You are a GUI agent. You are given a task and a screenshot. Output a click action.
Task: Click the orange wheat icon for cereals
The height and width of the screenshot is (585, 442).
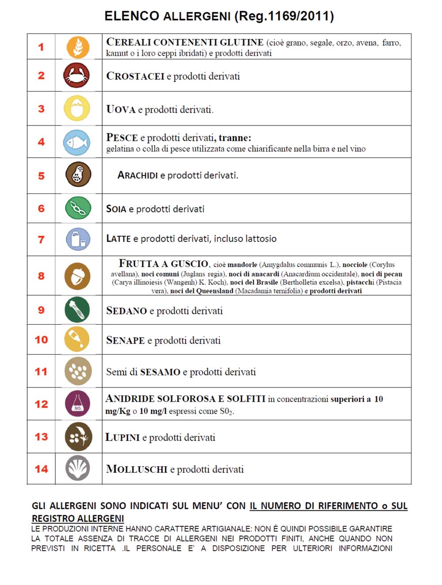[x=78, y=47]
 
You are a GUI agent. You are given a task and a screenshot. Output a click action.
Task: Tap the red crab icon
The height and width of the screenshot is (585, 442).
[x=76, y=75]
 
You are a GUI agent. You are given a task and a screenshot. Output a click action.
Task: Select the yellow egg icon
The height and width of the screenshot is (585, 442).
[x=77, y=109]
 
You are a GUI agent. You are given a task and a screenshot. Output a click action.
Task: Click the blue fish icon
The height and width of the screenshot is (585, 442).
[x=76, y=142]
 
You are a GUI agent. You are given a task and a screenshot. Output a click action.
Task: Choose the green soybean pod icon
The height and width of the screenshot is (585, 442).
[x=78, y=208]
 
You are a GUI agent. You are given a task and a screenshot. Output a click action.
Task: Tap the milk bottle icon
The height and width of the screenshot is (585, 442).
[x=78, y=239]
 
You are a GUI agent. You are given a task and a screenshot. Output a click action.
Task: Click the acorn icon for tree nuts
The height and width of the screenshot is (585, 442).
[x=77, y=276]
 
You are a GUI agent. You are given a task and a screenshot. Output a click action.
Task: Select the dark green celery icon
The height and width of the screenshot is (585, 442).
[x=77, y=309]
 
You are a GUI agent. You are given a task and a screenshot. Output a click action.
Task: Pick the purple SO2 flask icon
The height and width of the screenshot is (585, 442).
[x=77, y=403]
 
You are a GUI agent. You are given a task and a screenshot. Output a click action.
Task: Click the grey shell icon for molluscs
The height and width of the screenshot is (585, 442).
[x=78, y=468]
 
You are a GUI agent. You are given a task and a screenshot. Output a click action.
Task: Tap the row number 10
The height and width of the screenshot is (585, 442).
[x=41, y=340]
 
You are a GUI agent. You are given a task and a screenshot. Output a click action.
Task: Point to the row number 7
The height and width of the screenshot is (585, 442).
[x=41, y=239]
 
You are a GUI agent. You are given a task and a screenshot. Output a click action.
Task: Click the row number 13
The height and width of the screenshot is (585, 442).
[x=41, y=437]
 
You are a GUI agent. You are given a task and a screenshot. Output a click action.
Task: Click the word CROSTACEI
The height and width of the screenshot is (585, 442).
[x=135, y=76]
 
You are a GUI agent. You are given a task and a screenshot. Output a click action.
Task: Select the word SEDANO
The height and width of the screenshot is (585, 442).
[x=126, y=311]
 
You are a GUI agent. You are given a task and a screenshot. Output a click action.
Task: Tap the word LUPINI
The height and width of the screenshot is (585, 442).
[x=122, y=437]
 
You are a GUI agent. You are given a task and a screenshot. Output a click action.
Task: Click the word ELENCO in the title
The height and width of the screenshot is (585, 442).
[x=132, y=16]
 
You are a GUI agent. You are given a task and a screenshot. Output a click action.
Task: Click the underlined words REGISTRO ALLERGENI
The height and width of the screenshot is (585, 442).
[x=78, y=518]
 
